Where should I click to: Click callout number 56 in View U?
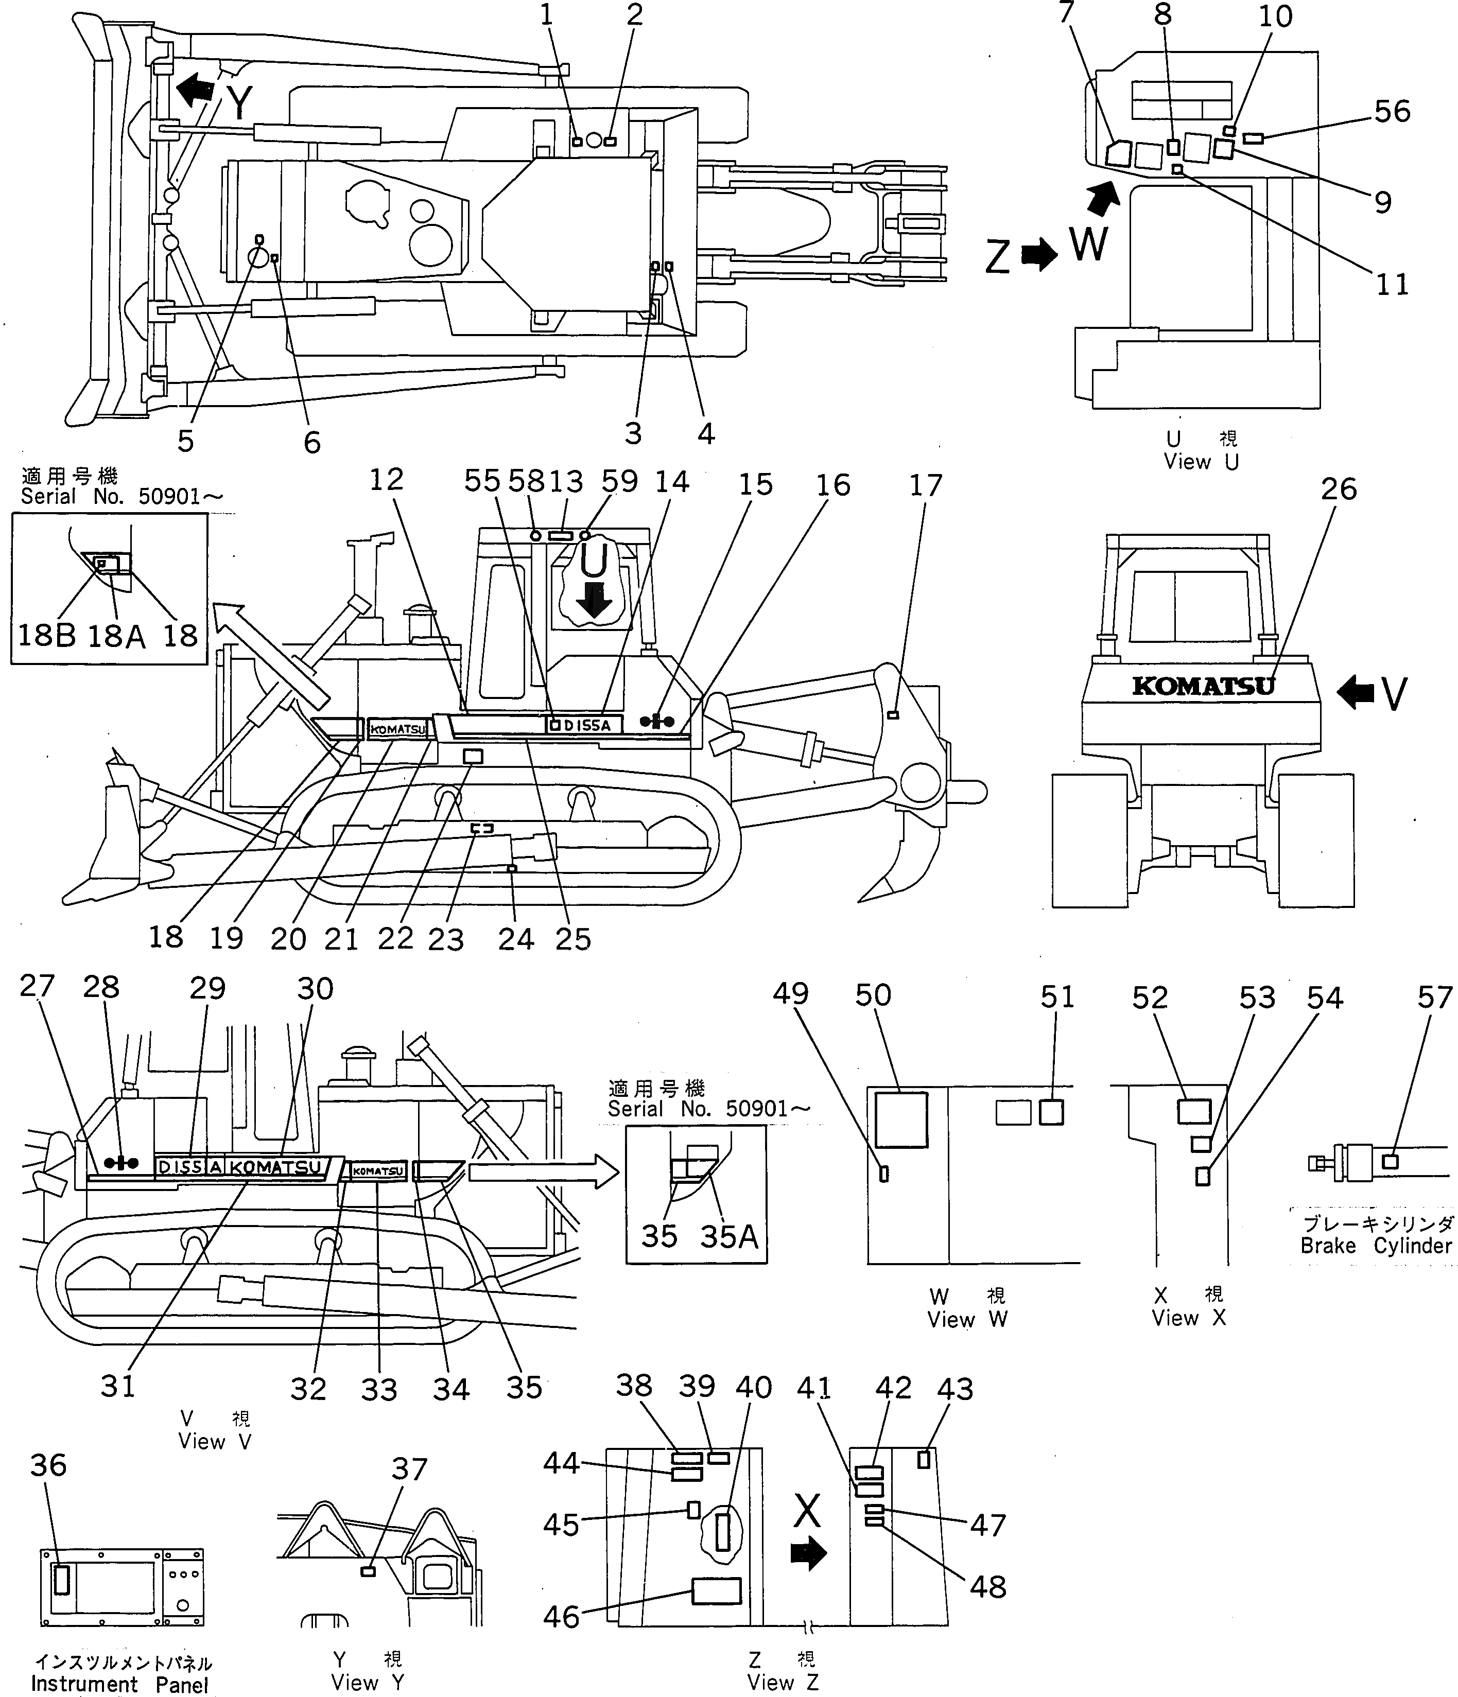tap(1393, 111)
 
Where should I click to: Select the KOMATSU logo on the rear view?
tap(1203, 686)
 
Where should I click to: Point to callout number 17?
tap(926, 486)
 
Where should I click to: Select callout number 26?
tap(1339, 489)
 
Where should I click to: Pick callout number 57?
tap(1435, 997)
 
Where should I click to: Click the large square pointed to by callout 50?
tap(901, 1119)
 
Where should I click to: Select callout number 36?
tap(48, 1464)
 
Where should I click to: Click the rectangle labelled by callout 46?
tap(716, 1590)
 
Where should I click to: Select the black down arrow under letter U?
tap(594, 600)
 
